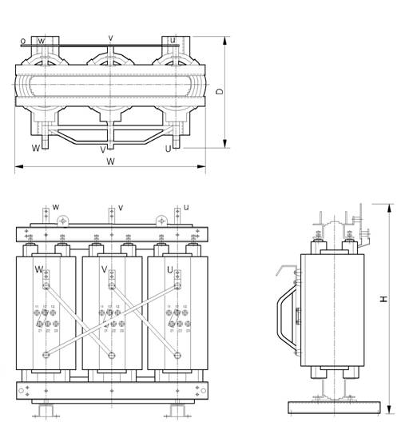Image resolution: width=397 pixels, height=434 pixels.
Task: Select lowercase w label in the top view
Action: [x=41, y=39]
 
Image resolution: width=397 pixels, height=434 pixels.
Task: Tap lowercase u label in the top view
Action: [x=173, y=40]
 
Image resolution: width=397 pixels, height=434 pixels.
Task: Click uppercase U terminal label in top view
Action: [x=169, y=149]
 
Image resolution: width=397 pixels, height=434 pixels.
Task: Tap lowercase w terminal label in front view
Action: [x=56, y=208]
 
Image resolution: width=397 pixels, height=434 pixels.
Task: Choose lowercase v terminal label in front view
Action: [x=121, y=208]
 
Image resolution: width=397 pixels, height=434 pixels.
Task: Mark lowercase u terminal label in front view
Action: [x=185, y=208]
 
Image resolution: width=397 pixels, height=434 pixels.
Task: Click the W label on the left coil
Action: [x=38, y=270]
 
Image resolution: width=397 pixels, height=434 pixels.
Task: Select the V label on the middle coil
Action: [x=104, y=270]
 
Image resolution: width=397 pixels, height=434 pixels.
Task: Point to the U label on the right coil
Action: [x=169, y=270]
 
